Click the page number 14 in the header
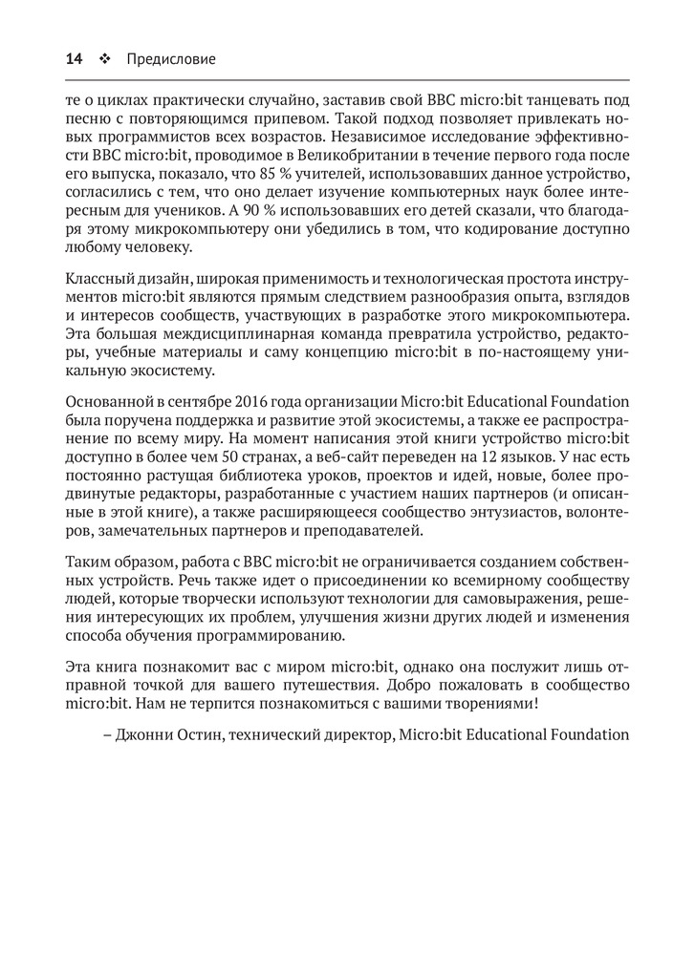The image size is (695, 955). click(x=74, y=59)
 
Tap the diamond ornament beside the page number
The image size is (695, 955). click(x=104, y=59)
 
